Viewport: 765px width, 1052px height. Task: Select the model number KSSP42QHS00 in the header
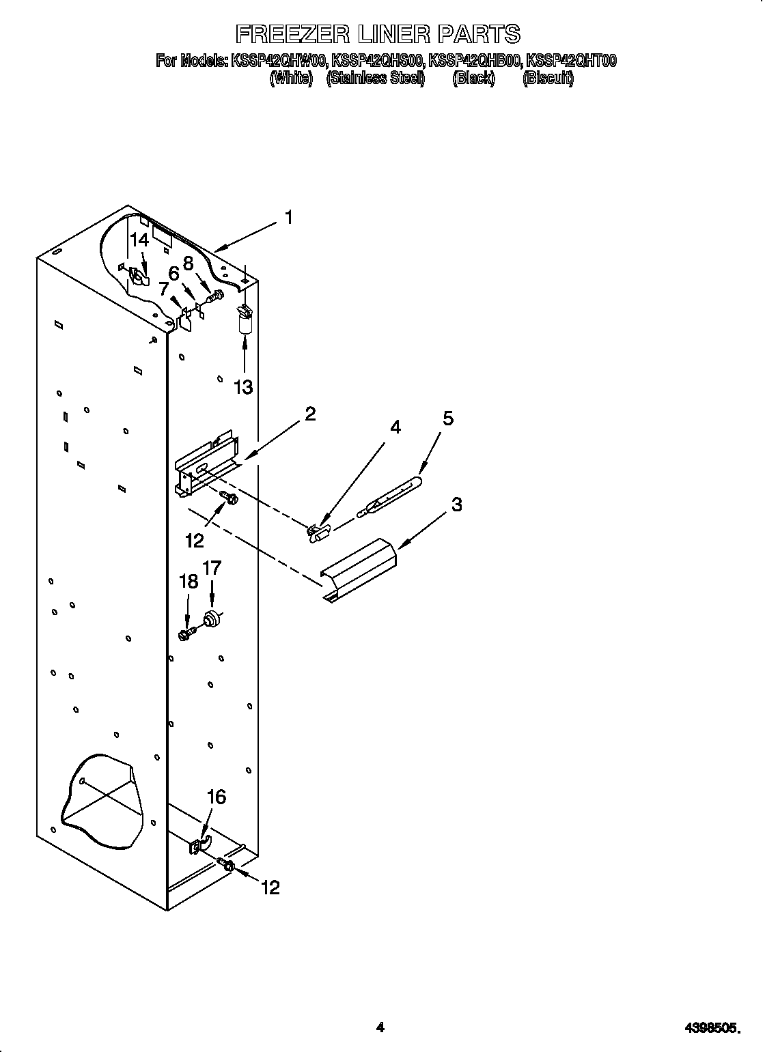tap(378, 61)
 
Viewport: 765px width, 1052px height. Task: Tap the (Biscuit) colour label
tap(548, 79)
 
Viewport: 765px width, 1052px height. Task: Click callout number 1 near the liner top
tap(289, 218)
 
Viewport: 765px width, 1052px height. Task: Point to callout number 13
tap(243, 387)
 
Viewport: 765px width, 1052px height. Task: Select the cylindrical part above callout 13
tap(244, 322)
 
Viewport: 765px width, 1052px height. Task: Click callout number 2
tap(310, 414)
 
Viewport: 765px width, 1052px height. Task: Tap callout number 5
tap(448, 418)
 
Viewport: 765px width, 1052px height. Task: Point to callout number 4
tap(395, 427)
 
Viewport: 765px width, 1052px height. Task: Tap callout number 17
tap(212, 567)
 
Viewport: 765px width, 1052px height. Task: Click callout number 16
tap(216, 797)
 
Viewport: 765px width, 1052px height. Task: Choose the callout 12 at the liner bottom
tap(270, 887)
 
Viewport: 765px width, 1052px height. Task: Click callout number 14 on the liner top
tap(139, 240)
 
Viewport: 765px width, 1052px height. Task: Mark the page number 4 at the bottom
tap(380, 1007)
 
